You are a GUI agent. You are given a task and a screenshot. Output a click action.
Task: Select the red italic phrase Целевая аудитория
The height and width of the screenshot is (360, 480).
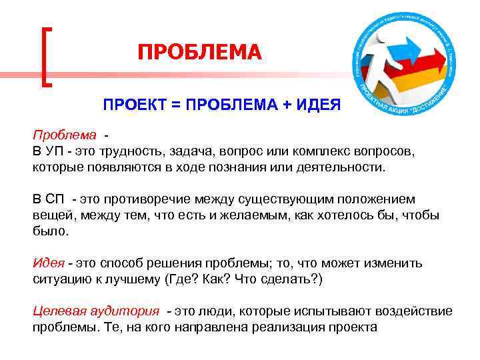pyautogui.click(x=96, y=311)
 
